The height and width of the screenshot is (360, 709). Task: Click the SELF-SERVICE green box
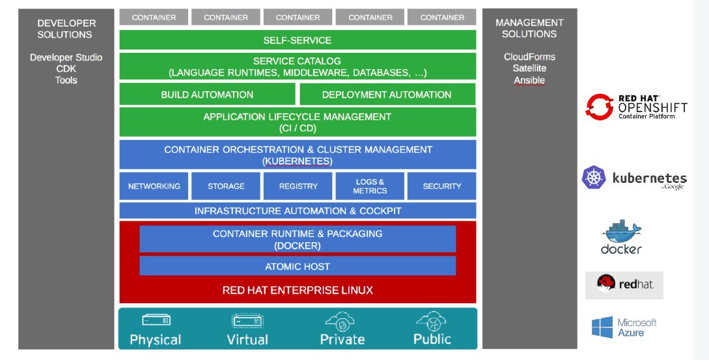point(298,40)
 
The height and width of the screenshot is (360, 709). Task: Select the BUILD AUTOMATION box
point(207,94)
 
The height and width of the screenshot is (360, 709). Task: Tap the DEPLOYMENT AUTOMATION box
point(387,94)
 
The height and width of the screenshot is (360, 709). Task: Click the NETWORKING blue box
point(154,186)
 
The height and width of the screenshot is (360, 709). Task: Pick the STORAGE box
point(226,186)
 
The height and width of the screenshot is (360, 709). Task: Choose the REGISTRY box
point(298,186)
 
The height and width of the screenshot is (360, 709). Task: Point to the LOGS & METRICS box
point(370,186)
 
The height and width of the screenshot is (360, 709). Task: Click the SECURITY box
point(442,186)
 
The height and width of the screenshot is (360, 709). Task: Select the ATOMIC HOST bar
point(298,266)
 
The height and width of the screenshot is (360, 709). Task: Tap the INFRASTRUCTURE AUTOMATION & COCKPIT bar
point(298,211)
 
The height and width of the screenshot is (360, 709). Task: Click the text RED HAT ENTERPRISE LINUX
point(298,290)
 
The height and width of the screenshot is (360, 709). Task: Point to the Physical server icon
point(156,320)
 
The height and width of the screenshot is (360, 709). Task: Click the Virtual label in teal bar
point(247,340)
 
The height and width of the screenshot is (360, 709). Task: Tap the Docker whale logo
point(622,231)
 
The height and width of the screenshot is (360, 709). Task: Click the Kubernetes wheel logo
point(594,178)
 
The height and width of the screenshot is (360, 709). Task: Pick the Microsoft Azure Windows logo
point(602,327)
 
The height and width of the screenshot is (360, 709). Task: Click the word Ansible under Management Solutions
point(529,81)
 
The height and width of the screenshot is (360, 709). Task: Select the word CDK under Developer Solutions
point(66,69)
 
